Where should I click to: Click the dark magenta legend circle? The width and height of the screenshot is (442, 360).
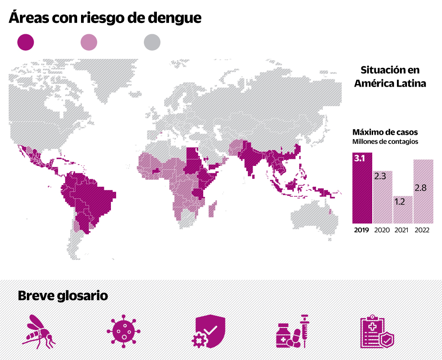click(25, 42)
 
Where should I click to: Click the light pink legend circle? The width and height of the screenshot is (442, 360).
click(89, 42)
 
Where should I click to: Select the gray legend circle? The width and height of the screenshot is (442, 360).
click(152, 42)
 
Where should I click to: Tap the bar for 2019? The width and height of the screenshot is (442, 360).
click(362, 191)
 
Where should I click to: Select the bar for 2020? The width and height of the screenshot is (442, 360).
click(383, 197)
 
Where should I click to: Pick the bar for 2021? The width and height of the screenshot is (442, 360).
click(403, 210)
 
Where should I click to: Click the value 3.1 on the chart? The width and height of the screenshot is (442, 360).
click(360, 159)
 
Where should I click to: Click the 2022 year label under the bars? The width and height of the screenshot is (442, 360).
click(422, 230)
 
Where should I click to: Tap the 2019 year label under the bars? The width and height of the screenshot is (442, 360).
click(361, 230)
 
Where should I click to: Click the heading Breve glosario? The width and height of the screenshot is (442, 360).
click(63, 296)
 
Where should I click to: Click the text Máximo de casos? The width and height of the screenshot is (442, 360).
click(385, 132)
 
